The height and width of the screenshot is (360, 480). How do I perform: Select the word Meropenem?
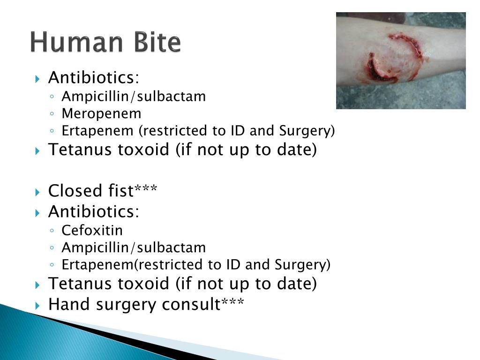(101, 113)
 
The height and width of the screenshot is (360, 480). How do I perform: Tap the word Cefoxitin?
(92, 231)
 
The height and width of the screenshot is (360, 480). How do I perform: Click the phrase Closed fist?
(91, 191)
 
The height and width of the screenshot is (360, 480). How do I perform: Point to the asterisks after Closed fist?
(146, 190)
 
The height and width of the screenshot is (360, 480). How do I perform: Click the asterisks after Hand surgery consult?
(232, 303)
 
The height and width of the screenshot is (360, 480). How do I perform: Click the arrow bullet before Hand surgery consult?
(38, 306)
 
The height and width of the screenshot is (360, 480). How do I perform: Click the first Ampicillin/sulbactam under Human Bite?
(134, 97)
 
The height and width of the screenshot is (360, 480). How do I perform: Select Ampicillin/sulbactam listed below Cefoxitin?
(134, 247)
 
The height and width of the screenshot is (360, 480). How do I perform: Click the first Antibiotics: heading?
(94, 77)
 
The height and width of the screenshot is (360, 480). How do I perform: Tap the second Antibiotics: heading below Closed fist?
(94, 211)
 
